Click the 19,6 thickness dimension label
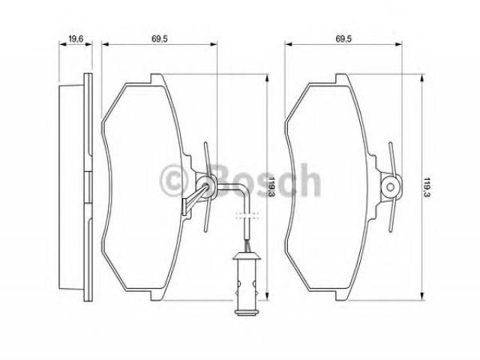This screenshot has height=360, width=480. click(x=76, y=39)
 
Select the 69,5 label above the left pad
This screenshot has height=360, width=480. click(x=160, y=39)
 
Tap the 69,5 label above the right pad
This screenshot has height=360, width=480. click(x=343, y=39)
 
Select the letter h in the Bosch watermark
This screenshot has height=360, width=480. click(x=309, y=180)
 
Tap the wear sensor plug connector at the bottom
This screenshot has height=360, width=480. click(x=247, y=283)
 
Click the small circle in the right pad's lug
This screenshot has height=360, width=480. click(x=391, y=187)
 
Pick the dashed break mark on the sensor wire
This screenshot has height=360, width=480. click(x=247, y=214)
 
